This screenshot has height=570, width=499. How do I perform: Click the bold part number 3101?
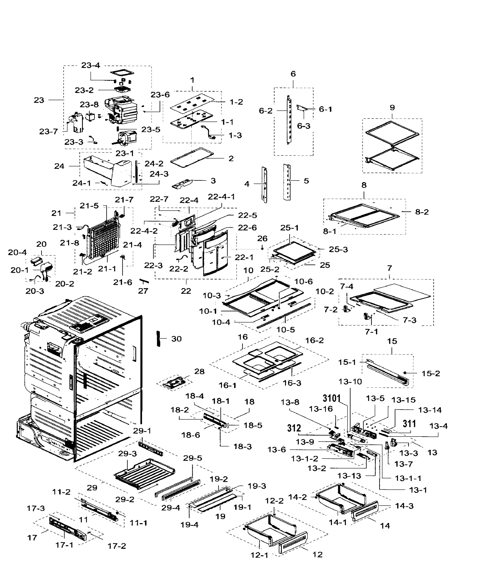[x=331, y=399]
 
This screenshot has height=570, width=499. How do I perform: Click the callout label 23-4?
[x=90, y=65]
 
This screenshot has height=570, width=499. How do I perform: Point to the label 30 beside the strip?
[x=176, y=339]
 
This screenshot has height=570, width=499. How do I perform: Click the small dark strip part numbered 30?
[x=158, y=338]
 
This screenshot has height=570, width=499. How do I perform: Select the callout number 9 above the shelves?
[x=392, y=107]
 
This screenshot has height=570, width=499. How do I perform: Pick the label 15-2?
[x=431, y=374]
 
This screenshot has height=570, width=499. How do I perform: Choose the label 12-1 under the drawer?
[x=259, y=555]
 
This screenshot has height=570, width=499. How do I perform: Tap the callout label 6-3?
[x=303, y=126]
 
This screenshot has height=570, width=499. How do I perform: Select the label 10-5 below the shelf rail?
[x=285, y=330]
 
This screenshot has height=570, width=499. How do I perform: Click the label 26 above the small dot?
[x=262, y=238]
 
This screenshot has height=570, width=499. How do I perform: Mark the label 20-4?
[x=17, y=252]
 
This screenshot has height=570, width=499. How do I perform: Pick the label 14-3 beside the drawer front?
[x=404, y=506]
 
